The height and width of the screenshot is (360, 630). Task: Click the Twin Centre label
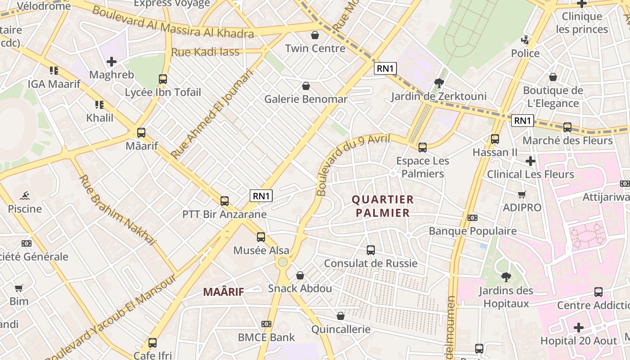(x=315, y=48)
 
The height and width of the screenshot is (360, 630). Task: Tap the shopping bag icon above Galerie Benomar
(x=306, y=85)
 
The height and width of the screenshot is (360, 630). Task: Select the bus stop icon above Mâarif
(x=141, y=133)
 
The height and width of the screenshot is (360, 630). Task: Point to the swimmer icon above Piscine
(x=25, y=195)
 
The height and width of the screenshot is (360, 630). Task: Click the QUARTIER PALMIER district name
(x=382, y=206)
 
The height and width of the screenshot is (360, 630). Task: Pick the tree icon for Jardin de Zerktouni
(x=439, y=83)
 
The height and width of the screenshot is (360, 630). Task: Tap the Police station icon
(x=525, y=40)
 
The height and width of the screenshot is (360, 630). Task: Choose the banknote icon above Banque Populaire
(x=472, y=218)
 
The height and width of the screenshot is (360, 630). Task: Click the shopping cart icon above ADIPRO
(x=522, y=195)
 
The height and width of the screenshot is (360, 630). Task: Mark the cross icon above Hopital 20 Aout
(x=579, y=327)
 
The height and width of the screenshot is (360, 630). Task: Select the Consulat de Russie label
(x=371, y=263)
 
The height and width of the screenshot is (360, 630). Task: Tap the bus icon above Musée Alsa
(x=261, y=237)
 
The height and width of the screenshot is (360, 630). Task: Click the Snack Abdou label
(x=300, y=288)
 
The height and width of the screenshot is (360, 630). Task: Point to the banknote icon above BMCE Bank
(x=266, y=324)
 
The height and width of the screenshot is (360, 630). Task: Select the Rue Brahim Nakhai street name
(x=117, y=210)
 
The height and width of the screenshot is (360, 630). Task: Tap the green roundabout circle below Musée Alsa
(x=283, y=261)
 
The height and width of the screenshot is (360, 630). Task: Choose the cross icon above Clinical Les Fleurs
(x=531, y=161)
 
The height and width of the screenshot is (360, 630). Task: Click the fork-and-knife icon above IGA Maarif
(x=54, y=71)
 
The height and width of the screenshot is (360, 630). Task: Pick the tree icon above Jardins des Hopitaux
(x=506, y=277)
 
